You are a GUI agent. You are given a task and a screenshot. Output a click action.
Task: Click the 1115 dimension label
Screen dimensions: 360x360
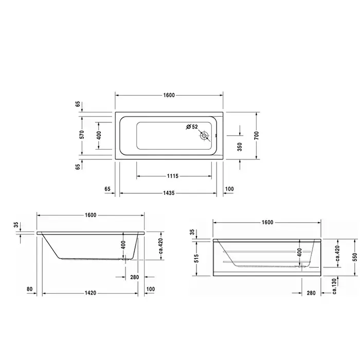tap(173, 176)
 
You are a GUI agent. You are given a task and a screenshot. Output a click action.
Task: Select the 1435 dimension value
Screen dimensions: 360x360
tap(169, 193)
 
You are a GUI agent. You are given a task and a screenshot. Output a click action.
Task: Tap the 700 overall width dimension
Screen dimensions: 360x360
tap(257, 135)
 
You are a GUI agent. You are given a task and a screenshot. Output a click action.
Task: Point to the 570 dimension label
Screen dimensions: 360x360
tap(82, 135)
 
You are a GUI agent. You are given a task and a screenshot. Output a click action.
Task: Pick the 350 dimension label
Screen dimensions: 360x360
tap(240, 147)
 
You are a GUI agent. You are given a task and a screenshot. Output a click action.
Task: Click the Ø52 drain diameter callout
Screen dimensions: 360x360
tap(192, 127)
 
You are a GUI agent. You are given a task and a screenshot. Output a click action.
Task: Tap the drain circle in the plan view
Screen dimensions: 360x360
tap(204, 136)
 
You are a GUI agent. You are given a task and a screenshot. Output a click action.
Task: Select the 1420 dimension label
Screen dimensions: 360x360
tap(91, 293)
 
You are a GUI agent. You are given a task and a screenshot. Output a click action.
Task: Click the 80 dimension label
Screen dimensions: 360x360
tap(30, 289)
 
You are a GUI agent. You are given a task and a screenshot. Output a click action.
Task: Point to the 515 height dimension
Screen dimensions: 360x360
tap(196, 258)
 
